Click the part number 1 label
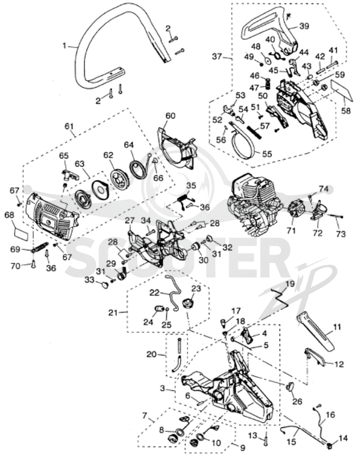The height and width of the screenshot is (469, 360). (x=64, y=46)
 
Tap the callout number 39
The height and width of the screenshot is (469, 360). (x=304, y=26)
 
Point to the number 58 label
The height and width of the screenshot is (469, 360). (x=346, y=111)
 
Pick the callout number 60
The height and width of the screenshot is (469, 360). (x=171, y=116)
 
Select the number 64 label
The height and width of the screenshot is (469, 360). (x=129, y=145)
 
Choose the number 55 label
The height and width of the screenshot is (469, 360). (x=267, y=154)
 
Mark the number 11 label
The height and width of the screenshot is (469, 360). (x=337, y=327)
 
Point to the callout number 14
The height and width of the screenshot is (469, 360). (x=343, y=438)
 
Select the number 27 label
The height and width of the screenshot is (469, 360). (x=130, y=221)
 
